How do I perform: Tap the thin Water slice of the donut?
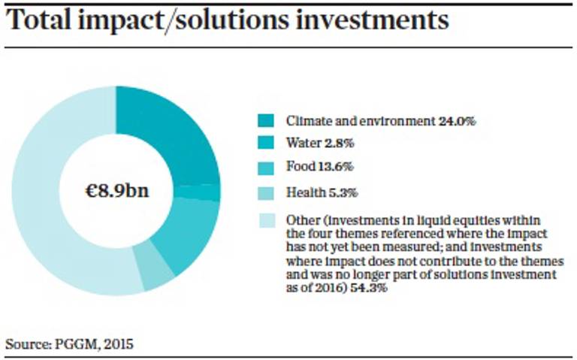208,192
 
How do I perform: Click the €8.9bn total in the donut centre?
116,190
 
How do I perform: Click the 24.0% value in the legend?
458,121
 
